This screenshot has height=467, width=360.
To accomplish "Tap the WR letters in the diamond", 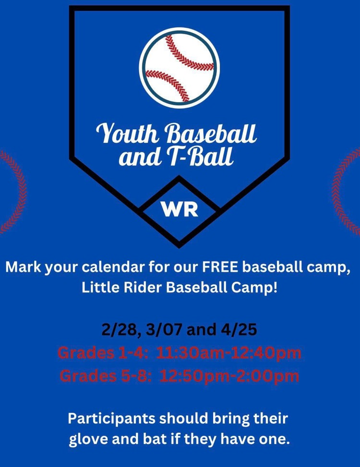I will (x=180, y=210).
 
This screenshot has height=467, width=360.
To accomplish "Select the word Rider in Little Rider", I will (x=136, y=289).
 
